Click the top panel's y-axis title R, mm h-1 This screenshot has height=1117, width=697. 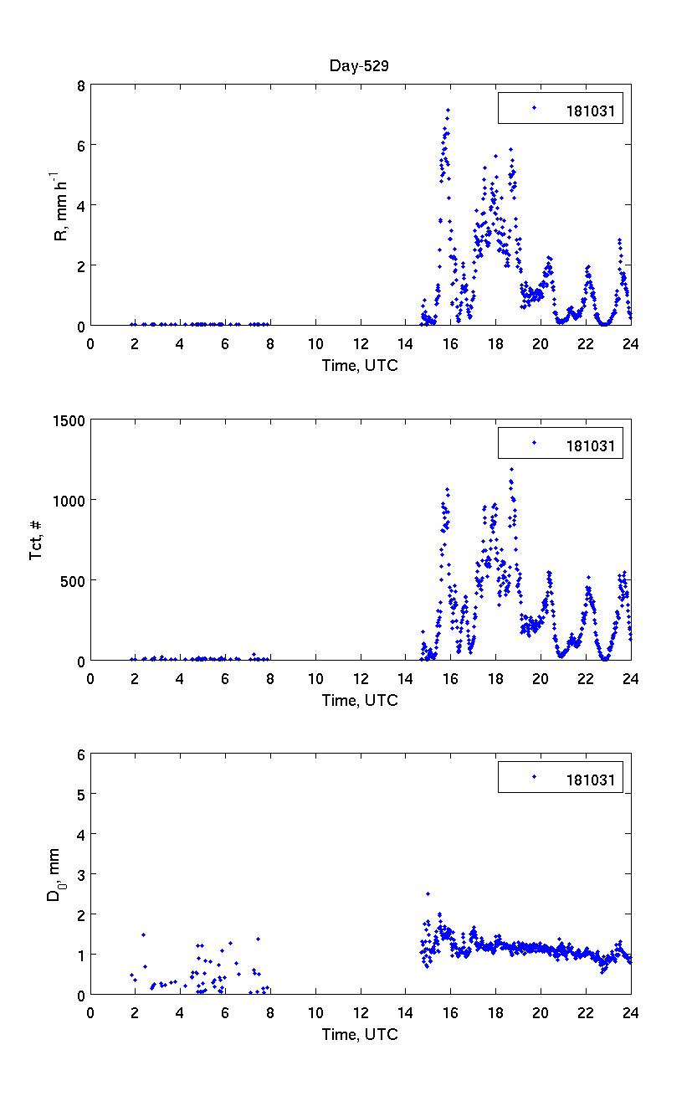pos(60,204)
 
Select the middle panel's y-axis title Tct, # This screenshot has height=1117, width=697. pos(38,540)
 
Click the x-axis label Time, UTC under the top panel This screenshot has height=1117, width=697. pos(360,365)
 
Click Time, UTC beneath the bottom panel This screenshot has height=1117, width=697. pos(360,1035)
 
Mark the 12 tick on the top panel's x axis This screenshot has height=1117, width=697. pos(361,342)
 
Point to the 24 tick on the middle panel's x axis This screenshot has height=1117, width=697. pos(631,677)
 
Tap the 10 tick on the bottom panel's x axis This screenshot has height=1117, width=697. pos(315,1012)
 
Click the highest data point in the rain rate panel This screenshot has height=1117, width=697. pos(448,110)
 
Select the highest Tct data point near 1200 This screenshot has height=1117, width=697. pos(511,470)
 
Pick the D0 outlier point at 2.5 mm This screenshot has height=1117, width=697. pos(428,894)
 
